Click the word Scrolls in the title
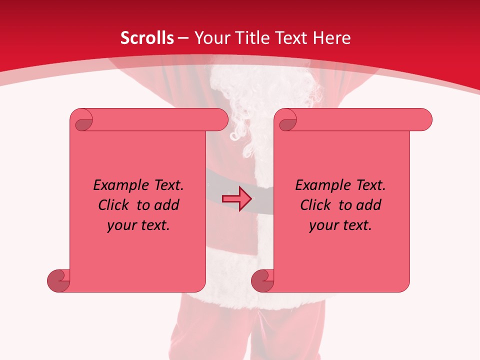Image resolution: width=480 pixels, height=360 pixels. coord(147,38)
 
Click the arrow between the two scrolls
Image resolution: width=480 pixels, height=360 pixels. coord(236,199)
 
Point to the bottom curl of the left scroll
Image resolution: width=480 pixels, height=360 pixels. coord(58,280)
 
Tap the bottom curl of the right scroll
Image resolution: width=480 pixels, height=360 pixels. coord(262,280)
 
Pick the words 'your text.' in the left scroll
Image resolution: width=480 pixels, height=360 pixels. coord(138,225)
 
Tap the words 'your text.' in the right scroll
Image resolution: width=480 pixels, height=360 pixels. coord(340,225)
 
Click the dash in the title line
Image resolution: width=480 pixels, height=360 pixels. coord(183,38)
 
